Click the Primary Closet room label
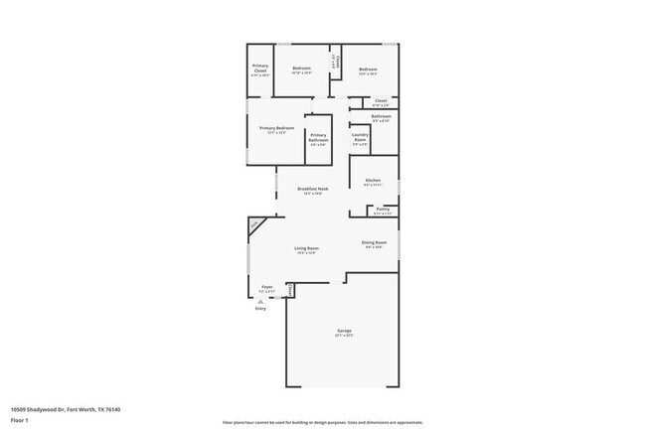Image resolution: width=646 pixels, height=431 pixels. [x=260, y=71]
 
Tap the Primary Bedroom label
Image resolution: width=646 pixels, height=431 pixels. [x=276, y=129]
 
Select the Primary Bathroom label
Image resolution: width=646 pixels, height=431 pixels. [x=318, y=138]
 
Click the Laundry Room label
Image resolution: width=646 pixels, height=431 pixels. [x=360, y=138]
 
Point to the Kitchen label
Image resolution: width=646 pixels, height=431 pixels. [x=373, y=181]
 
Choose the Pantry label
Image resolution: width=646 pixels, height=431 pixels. [x=383, y=210]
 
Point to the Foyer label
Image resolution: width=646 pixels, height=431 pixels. [x=267, y=287]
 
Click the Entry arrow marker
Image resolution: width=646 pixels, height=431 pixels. [x=260, y=301]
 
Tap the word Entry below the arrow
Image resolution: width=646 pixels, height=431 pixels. [x=260, y=309]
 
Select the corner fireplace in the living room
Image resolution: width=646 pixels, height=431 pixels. [x=256, y=225]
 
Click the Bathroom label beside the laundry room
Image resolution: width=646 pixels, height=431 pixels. [x=381, y=117]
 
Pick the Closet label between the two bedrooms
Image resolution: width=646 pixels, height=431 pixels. [x=338, y=62]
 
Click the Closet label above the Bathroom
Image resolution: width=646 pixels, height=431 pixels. [x=381, y=101]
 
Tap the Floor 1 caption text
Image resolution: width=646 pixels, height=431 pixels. [x=20, y=420]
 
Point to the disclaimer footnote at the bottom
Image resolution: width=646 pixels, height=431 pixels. [x=322, y=422]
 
